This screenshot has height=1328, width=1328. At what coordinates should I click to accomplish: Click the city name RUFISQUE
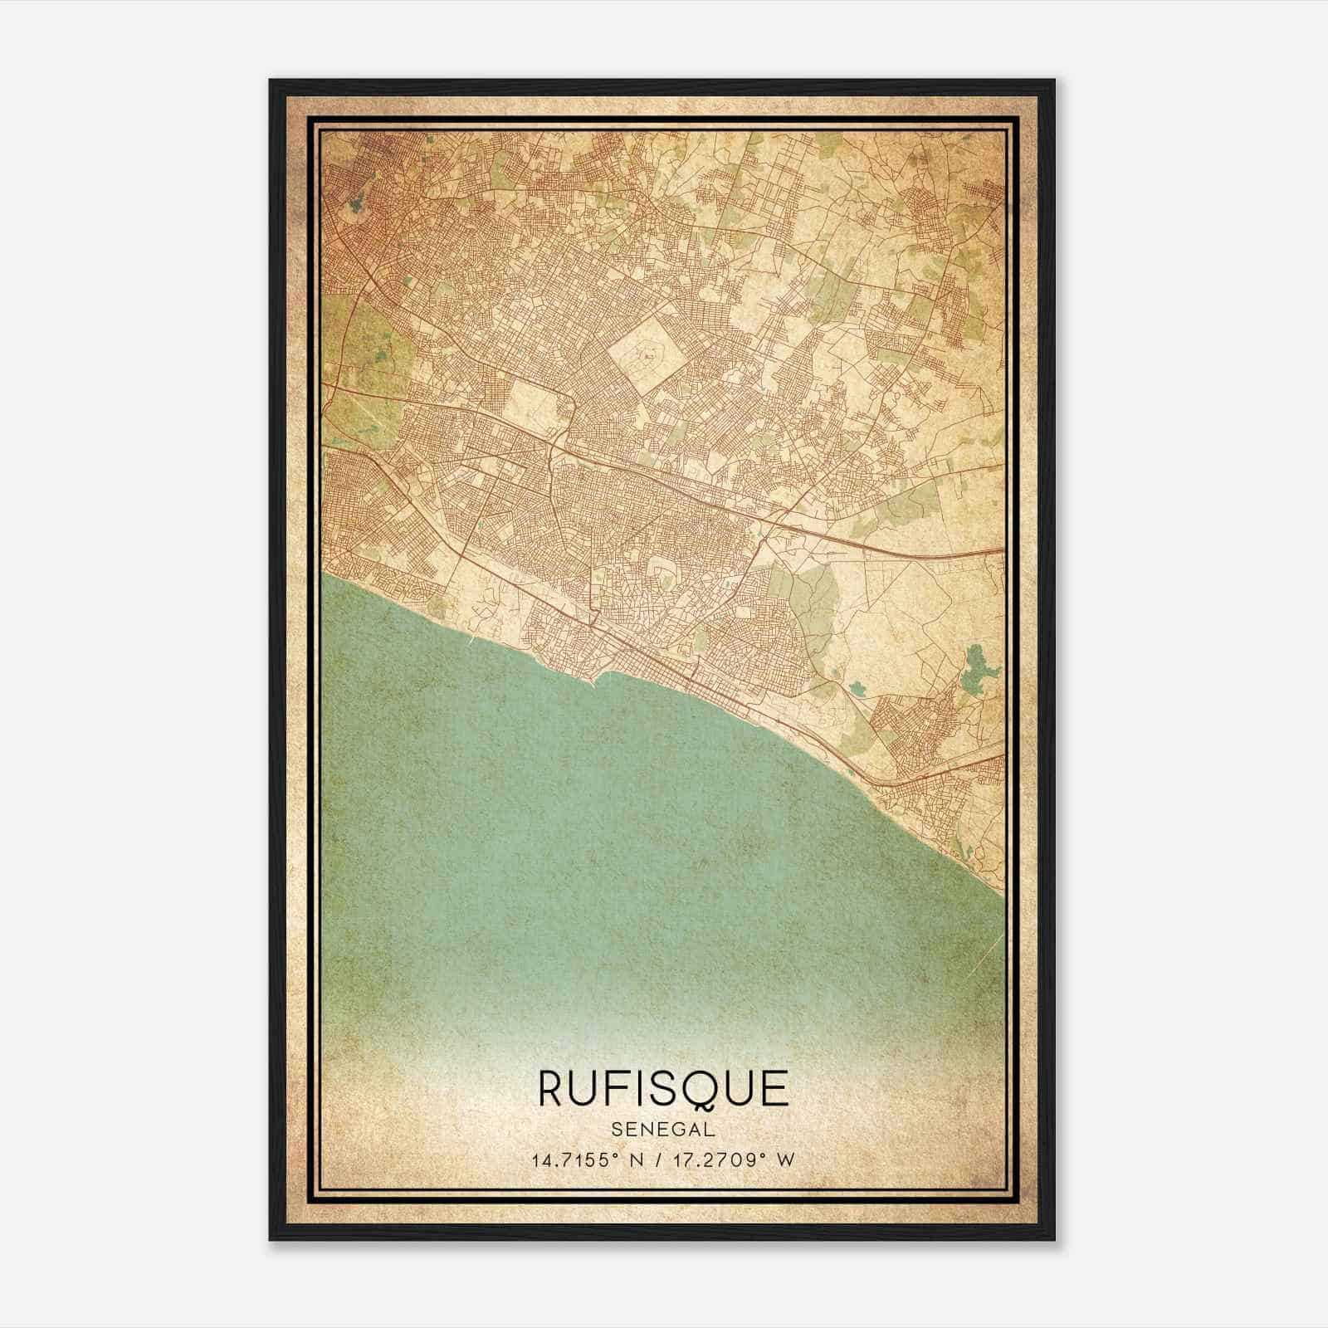(663, 1088)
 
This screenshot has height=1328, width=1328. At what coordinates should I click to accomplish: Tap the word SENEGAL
(663, 1130)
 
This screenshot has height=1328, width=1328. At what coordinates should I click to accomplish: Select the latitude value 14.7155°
(577, 1160)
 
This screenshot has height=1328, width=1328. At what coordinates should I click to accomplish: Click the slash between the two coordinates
(657, 1160)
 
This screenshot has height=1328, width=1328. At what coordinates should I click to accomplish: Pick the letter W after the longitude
(786, 1160)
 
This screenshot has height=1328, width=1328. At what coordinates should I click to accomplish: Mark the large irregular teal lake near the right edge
(972, 671)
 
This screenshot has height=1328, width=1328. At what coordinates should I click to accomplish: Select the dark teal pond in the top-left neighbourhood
(356, 202)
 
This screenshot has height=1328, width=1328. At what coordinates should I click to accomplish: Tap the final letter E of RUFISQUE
(775, 1088)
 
